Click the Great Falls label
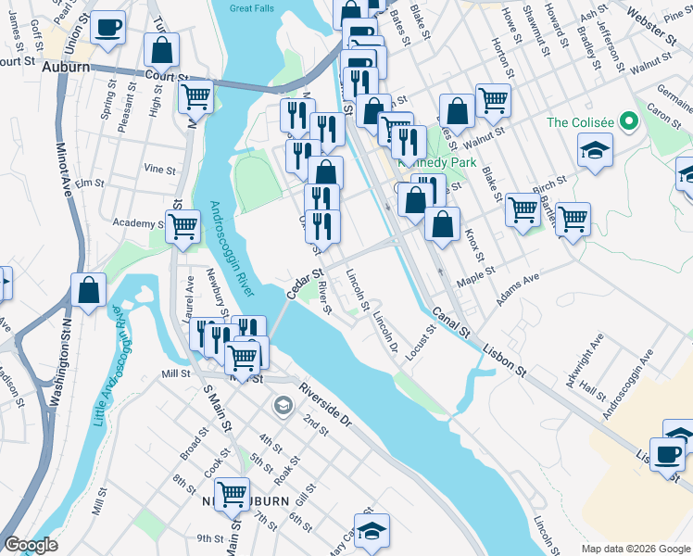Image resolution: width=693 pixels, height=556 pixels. tap(254, 7)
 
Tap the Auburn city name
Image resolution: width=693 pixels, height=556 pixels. tap(68, 68)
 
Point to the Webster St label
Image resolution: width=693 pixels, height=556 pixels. tap(664, 18)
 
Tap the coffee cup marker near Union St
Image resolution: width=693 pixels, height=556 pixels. tap(108, 28)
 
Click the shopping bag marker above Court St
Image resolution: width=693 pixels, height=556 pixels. tap(161, 51)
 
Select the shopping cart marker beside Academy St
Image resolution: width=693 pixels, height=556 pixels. tap(183, 225)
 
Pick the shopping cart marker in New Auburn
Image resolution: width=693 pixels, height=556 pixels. tap(231, 492)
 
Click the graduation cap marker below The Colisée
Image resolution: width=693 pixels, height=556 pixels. tap(595, 149)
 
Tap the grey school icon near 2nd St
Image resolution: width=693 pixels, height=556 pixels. tap(283, 405)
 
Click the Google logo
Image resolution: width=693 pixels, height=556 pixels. tap(31, 545)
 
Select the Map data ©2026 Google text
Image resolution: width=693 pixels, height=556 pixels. tap(635, 549)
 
